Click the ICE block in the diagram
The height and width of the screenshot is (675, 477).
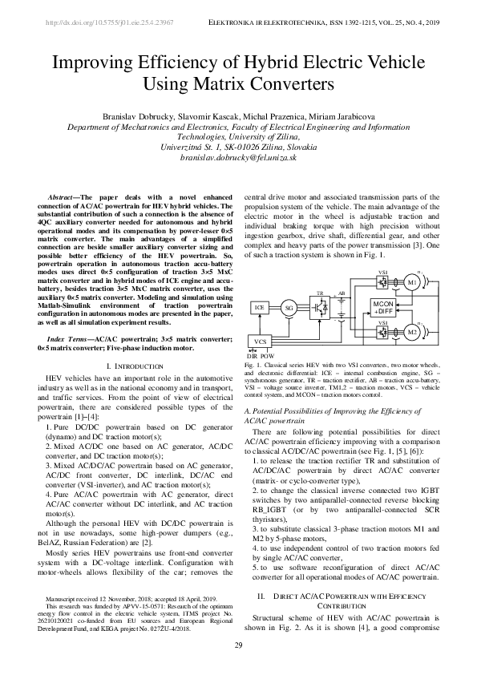[x=259, y=308]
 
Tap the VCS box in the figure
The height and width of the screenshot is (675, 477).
[x=260, y=342]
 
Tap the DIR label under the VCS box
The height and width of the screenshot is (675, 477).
[x=251, y=354]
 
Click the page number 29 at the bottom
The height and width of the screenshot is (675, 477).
[x=238, y=646]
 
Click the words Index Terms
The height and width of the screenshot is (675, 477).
[x=71, y=340]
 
